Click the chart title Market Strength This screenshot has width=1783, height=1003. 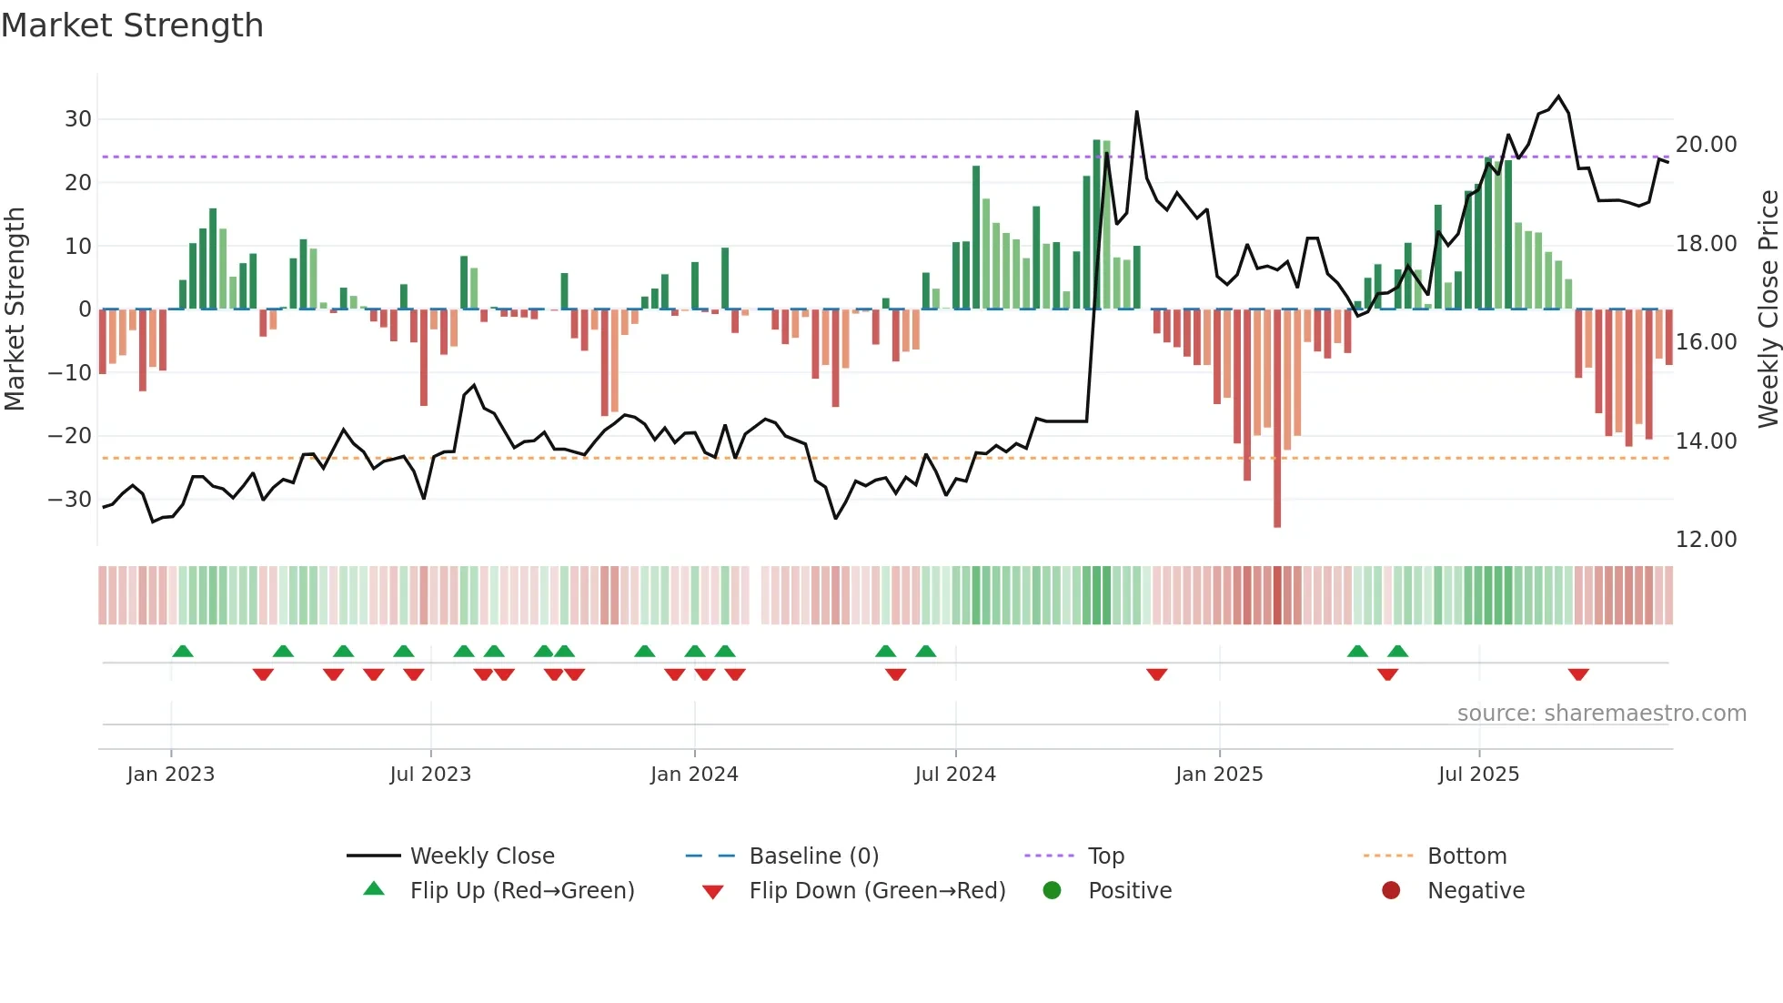(x=132, y=25)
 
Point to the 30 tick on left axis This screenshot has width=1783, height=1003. (x=78, y=119)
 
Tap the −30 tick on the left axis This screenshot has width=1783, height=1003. (x=70, y=500)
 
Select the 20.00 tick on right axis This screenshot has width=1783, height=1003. (x=1706, y=145)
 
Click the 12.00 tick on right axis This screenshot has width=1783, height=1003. (x=1706, y=540)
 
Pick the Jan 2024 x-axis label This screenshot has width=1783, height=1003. (x=694, y=775)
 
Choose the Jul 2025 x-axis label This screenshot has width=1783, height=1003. (x=1478, y=775)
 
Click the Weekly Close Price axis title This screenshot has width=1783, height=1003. (x=1768, y=309)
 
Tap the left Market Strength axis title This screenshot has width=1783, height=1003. (x=15, y=309)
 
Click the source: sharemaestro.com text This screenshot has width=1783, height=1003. (x=1601, y=714)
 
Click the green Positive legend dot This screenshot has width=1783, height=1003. (x=1053, y=891)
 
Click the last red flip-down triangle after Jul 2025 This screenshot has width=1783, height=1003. (x=1578, y=674)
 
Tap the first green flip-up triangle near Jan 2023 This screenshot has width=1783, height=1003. (x=183, y=651)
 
